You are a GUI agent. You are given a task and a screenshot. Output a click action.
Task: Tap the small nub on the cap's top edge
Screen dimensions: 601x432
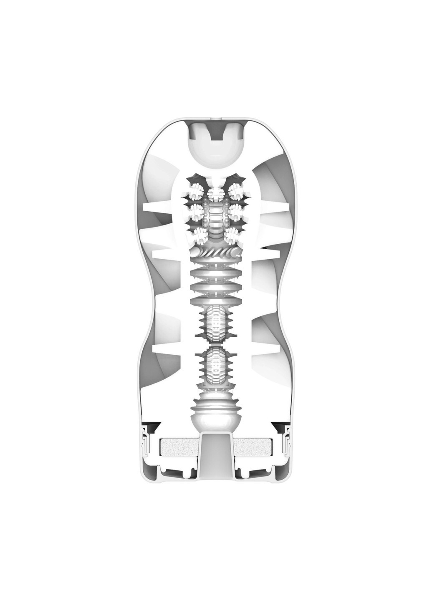tap(215, 119)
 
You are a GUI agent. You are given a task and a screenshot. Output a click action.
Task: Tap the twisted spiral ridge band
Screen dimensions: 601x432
tap(215, 252)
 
